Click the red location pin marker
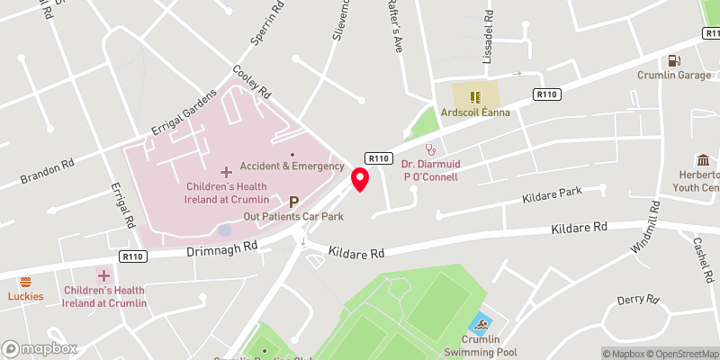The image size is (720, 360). [x=360, y=178]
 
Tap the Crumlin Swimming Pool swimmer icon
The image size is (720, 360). [x=481, y=325]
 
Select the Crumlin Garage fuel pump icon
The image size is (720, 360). [x=672, y=60]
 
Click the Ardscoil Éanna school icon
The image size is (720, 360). [x=476, y=94]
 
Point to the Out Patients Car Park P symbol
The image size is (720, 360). [x=294, y=202]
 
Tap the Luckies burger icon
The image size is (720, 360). [x=25, y=282]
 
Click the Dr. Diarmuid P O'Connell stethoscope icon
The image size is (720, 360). [x=430, y=149]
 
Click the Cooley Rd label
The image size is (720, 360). [x=251, y=81]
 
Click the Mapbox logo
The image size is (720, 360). [x=40, y=348]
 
